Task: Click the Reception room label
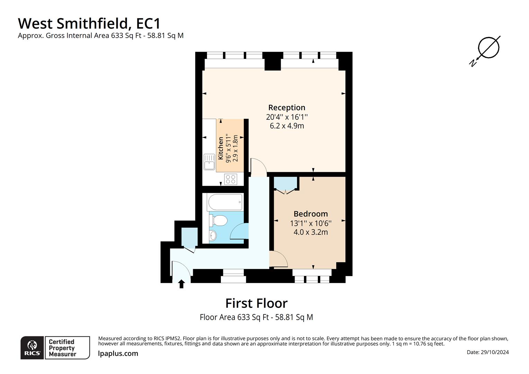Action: [x=287, y=108]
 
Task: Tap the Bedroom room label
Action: [x=311, y=214]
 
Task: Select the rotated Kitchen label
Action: [x=221, y=148]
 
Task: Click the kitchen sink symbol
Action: [x=209, y=162]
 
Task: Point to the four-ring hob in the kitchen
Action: [x=231, y=179]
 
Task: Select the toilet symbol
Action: [x=218, y=220]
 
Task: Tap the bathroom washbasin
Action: [x=213, y=235]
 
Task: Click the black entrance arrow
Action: [x=181, y=284]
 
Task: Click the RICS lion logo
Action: [x=32, y=347]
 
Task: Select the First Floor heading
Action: [x=256, y=303]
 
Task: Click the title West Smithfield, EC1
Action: [x=89, y=24]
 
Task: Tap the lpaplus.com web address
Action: [x=118, y=354]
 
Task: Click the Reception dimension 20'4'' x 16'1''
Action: [x=287, y=117]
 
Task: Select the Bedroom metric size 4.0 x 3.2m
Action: [x=311, y=232]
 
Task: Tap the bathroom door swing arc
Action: [x=240, y=231]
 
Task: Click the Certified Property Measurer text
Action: [x=62, y=348]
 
